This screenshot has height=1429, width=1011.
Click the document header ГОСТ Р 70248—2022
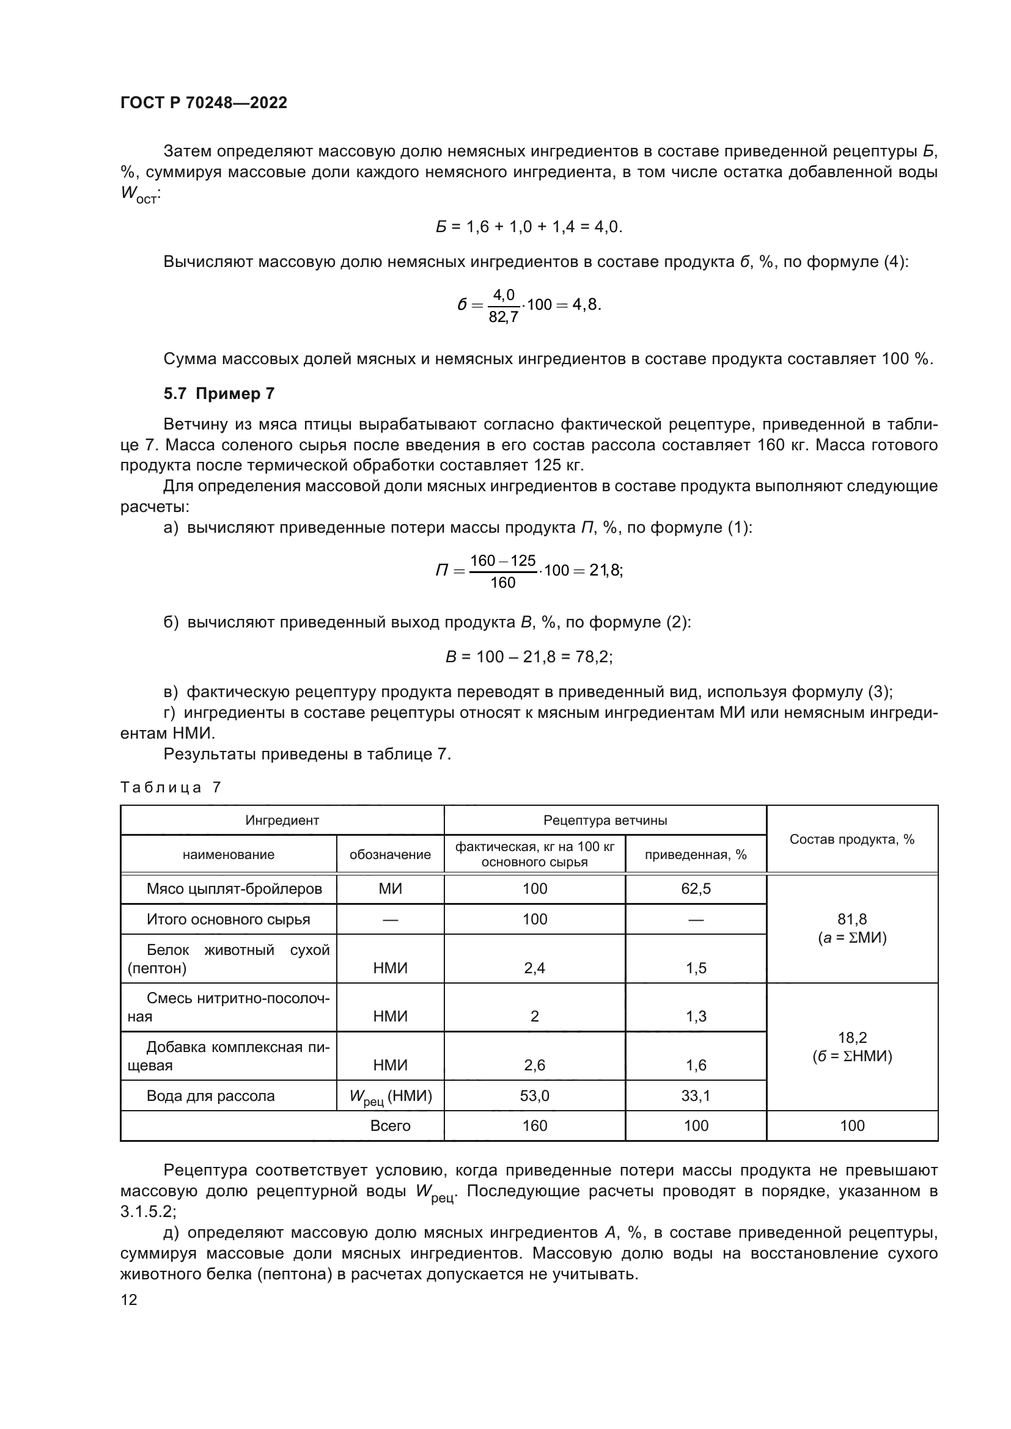coord(204,103)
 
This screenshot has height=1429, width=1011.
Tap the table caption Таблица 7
coord(170,788)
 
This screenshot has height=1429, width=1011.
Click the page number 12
coord(129,1299)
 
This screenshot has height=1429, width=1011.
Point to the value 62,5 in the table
coord(696,889)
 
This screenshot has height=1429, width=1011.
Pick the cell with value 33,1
coord(696,1095)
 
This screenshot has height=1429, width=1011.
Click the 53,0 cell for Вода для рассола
coord(534,1095)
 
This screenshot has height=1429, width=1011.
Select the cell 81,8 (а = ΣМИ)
coord(851,928)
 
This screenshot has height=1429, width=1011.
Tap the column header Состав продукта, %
coord(851,839)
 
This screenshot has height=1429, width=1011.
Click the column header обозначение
coord(390,855)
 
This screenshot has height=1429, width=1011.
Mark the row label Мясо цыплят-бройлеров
coord(234,889)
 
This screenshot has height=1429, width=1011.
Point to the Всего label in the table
coord(390,1126)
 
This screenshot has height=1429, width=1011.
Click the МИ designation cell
coord(390,889)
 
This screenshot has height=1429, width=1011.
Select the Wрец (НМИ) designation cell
coord(390,1097)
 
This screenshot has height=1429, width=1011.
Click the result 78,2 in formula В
coord(592,657)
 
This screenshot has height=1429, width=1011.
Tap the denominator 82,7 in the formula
coord(504,318)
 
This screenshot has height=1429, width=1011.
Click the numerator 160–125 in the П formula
coord(502,561)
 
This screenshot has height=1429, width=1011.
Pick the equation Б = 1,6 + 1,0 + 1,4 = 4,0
coord(529,227)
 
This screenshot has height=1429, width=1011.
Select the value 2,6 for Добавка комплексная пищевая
coord(534,1065)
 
